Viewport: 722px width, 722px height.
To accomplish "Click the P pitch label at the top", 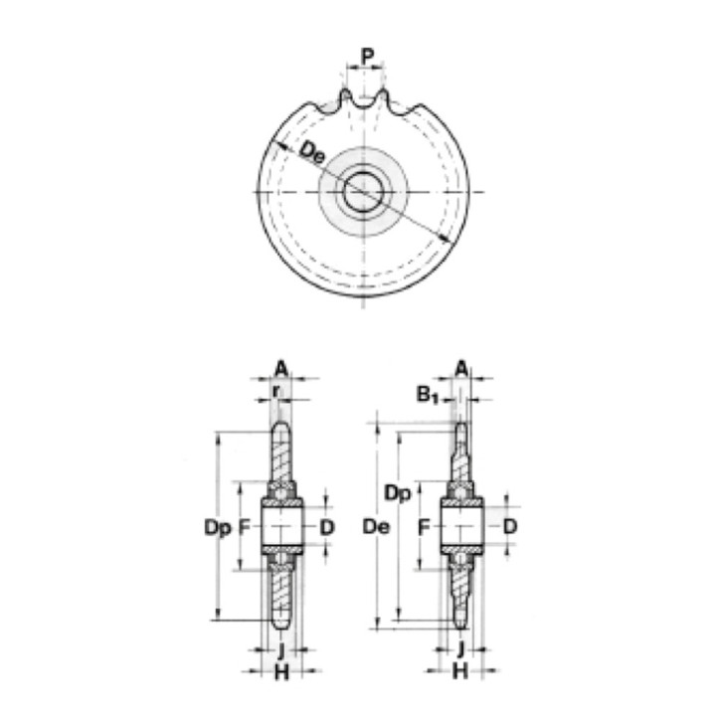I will tap(367, 56).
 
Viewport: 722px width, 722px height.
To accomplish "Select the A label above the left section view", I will tap(281, 368).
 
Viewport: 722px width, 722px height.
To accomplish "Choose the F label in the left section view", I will tap(249, 526).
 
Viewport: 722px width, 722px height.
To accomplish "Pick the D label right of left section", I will tap(327, 526).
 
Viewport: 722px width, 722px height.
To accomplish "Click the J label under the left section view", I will tap(281, 650).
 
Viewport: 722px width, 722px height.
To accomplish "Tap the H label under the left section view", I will tap(281, 673).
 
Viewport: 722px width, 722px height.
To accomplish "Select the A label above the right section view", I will tap(461, 368).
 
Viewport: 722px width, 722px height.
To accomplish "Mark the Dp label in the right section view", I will tap(398, 492).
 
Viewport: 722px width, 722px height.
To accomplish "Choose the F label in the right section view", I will tap(425, 526).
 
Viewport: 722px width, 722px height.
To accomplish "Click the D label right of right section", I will tap(508, 526).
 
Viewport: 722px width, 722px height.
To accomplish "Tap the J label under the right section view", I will tap(460, 650).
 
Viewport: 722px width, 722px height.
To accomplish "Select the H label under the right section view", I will tap(460, 673).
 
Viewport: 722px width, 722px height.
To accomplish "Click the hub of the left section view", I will tap(281, 526).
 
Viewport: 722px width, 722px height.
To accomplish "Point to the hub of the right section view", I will tap(460, 526).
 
